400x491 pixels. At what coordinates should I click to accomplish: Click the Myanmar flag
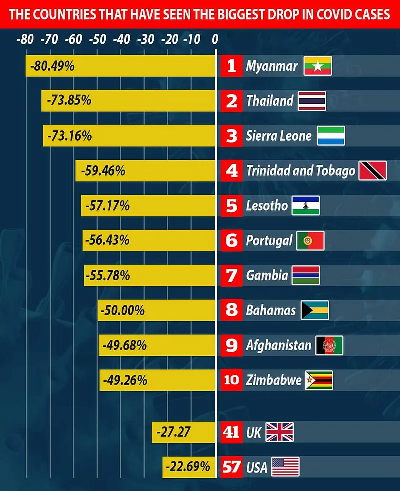pyautogui.click(x=318, y=66)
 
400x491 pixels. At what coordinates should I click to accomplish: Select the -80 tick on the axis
pyautogui.click(x=25, y=39)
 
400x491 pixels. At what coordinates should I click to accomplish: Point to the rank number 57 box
pyautogui.click(x=231, y=467)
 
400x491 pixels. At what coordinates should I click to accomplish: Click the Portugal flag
pyautogui.click(x=310, y=241)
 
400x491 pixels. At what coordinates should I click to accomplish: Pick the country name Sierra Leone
pyautogui.click(x=278, y=136)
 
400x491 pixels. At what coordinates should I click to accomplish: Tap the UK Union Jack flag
pyautogui.click(x=279, y=432)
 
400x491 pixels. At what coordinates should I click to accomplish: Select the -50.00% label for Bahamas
pyautogui.click(x=122, y=310)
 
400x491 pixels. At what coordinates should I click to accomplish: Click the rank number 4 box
pyautogui.click(x=231, y=171)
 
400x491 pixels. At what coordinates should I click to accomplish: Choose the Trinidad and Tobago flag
pyautogui.click(x=372, y=171)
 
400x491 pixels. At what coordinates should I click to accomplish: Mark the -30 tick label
pyautogui.click(x=146, y=39)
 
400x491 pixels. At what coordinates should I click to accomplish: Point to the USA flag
pyautogui.click(x=285, y=467)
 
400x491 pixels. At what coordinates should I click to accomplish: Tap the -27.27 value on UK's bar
pyautogui.click(x=173, y=431)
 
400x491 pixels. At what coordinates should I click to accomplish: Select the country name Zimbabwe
pyautogui.click(x=274, y=380)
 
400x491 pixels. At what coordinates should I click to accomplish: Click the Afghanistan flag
pyautogui.click(x=329, y=345)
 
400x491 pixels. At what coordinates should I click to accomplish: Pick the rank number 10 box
pyautogui.click(x=231, y=380)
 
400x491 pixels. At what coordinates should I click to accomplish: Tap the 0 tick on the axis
pyautogui.click(x=215, y=39)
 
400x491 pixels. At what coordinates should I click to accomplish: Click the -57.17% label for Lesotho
pyautogui.click(x=107, y=205)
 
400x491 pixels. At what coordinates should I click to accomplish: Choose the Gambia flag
pyautogui.click(x=306, y=275)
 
